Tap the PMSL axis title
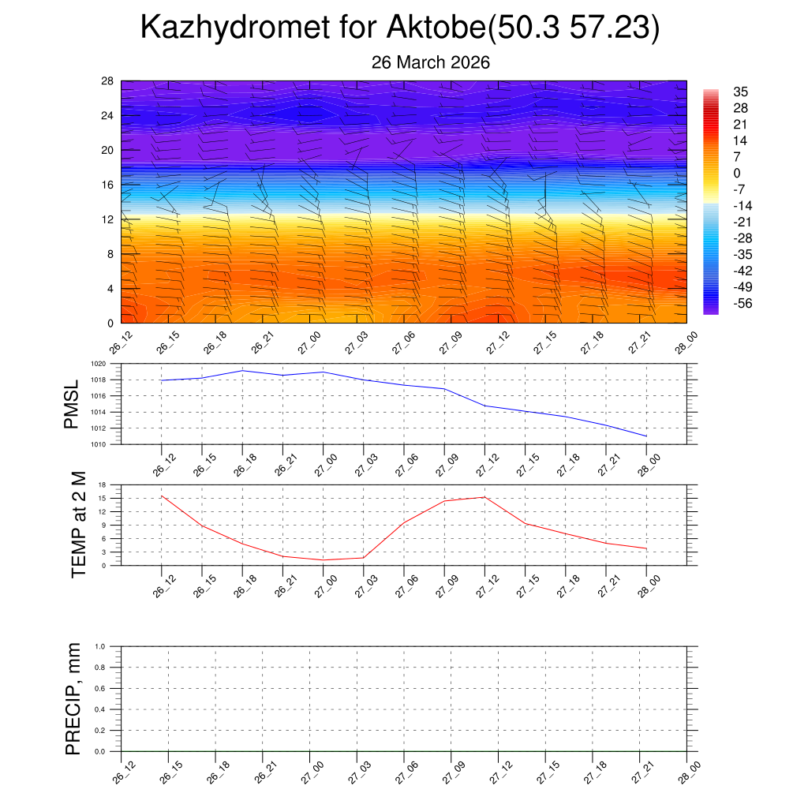(73, 405)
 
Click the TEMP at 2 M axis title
(77, 524)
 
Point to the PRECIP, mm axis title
(73, 698)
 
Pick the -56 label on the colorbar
(742, 304)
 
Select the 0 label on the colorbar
(737, 173)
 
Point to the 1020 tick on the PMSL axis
(108, 365)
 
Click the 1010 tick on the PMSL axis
(108, 444)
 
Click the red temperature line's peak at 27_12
(484, 496)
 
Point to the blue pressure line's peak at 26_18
(242, 370)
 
